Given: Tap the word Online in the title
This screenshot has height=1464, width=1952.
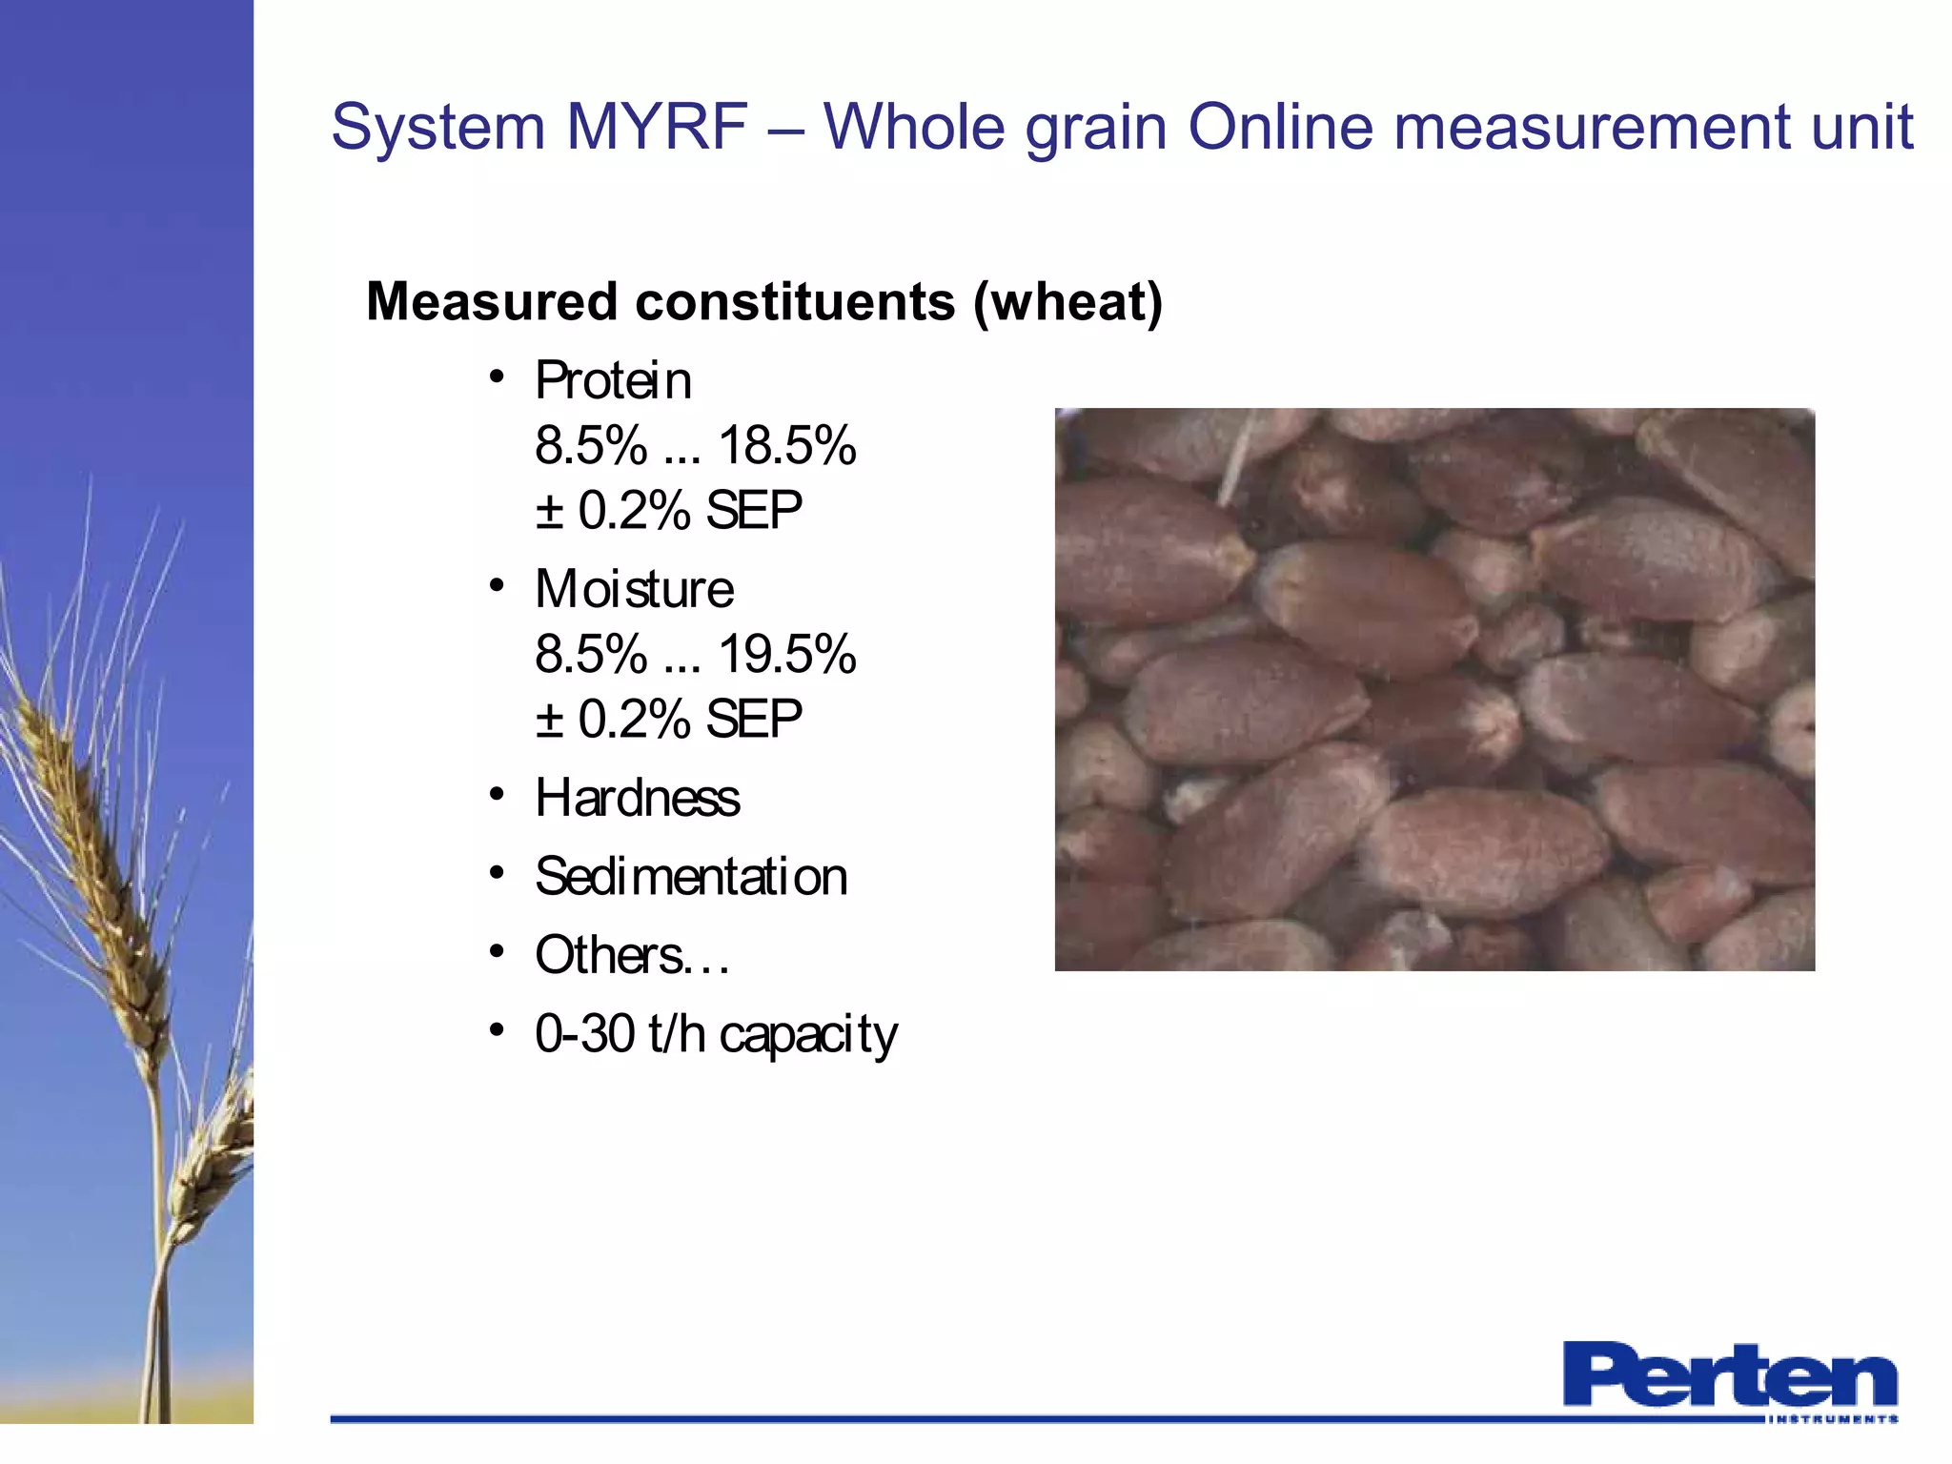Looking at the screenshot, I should coord(1280,127).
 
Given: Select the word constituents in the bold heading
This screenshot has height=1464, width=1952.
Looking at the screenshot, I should coord(795,302).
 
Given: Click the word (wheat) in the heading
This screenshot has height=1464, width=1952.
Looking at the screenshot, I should coord(1067,302).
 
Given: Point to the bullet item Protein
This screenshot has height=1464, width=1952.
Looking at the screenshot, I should coord(613,380).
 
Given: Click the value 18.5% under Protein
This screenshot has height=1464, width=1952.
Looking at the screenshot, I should coord(787,445).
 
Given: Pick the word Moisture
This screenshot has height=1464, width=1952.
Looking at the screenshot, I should coord(635,589).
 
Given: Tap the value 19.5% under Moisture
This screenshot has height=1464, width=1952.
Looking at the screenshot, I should coord(787,654).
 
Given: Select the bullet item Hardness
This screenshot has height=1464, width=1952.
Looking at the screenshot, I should coord(638,798).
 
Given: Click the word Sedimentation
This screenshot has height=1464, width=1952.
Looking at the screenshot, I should coord(691,877).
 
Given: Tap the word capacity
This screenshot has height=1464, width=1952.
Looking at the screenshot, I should coord(808,1036).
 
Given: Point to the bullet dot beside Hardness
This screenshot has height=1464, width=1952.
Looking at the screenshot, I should coord(496,794).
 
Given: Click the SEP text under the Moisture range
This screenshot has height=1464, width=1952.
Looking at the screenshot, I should coord(754,719).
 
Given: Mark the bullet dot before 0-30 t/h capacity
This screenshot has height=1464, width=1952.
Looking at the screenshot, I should coord(496,1030).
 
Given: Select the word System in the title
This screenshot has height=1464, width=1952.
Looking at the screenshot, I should coord(437,127).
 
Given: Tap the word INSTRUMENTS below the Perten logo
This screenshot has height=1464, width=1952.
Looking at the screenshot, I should coord(1832,1419).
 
